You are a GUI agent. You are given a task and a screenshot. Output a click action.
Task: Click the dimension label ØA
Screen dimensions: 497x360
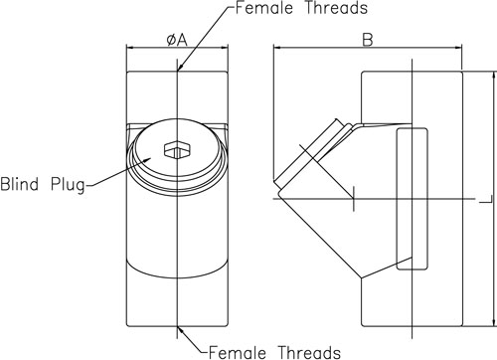coord(177,41)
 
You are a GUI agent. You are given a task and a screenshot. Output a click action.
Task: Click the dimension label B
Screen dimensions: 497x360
coord(368,40)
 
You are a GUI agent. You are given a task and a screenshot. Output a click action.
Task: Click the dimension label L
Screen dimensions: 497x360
coord(487,199)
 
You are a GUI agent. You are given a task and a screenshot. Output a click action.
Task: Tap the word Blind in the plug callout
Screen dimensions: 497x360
coord(19,184)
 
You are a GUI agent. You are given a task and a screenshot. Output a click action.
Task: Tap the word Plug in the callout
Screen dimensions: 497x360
coord(68,185)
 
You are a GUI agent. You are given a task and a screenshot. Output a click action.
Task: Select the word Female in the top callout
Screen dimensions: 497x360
coord(264,8)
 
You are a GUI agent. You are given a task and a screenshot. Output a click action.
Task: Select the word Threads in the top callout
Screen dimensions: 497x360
coord(336,8)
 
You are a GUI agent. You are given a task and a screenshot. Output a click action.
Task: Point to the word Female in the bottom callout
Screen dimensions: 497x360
coord(238,352)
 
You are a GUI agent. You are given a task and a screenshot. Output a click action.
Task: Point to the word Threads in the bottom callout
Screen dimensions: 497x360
coord(309,352)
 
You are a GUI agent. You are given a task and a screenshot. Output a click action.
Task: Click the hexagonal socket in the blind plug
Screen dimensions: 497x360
coord(177,149)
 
